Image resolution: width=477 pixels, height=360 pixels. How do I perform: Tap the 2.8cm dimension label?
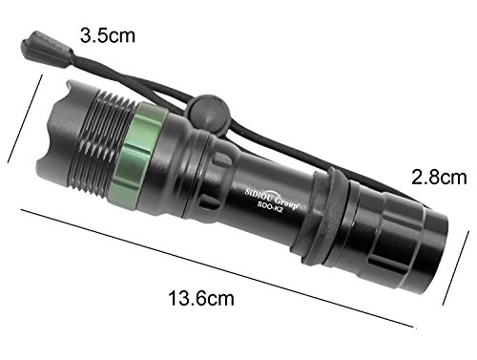pyautogui.click(x=437, y=177)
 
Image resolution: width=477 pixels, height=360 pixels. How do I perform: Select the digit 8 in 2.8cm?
pyautogui.click(x=429, y=177)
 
